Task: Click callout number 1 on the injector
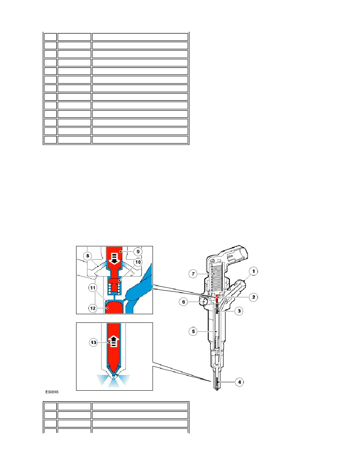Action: pos(253,271)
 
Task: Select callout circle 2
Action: pos(253,297)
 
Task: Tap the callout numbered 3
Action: pos(239,311)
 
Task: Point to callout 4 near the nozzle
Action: pos(239,382)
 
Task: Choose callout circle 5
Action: pos(193,331)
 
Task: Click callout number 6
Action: pos(184,302)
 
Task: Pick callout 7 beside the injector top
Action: pos(193,274)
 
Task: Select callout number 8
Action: pos(87,256)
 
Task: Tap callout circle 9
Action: pos(138,251)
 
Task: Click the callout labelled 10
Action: pos(138,262)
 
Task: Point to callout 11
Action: pos(93,288)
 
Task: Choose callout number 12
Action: pos(93,308)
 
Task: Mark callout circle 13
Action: pos(94,342)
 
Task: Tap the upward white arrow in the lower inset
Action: pos(113,341)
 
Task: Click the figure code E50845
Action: pos(52,392)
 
